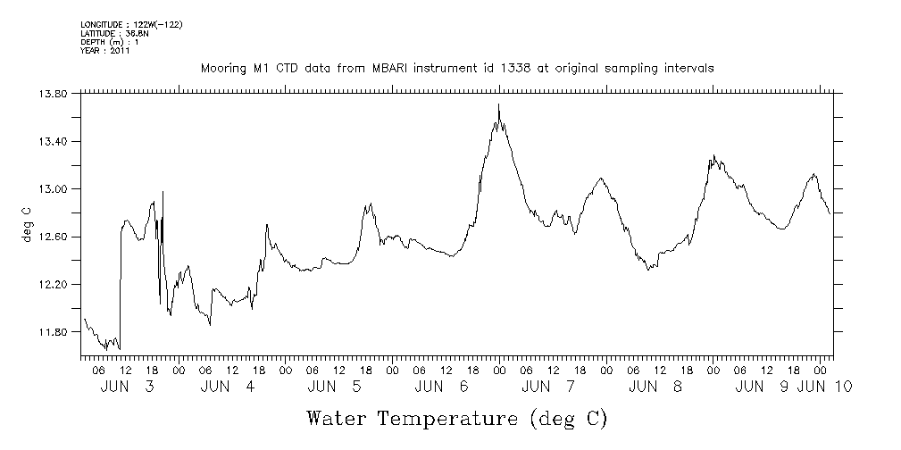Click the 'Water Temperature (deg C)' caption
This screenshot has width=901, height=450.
456,418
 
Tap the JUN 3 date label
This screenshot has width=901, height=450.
126,387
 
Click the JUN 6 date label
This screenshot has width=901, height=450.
440,387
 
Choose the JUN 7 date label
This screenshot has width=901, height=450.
547,387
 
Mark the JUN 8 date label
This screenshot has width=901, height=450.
655,387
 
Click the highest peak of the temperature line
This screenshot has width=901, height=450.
498,105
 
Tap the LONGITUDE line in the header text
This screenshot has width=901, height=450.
131,24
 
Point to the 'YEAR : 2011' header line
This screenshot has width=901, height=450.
105,51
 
